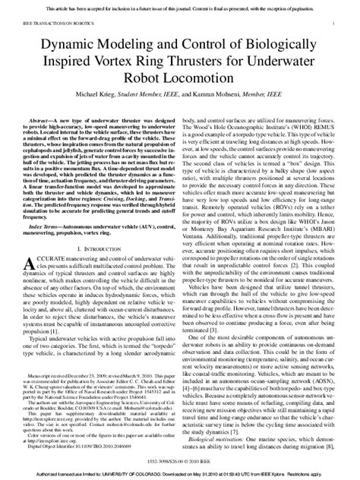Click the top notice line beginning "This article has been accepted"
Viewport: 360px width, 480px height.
180,6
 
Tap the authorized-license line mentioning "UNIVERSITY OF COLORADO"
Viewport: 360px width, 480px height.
180,473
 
